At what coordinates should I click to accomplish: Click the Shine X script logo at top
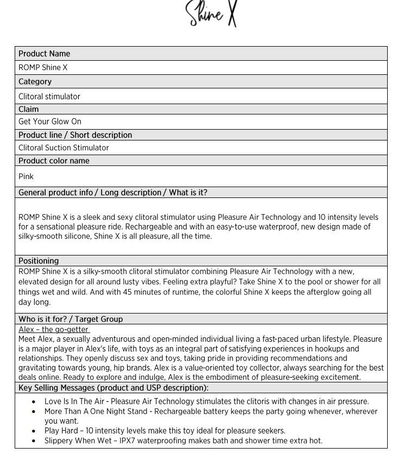tap(212, 14)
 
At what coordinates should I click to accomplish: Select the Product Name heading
tap(44, 54)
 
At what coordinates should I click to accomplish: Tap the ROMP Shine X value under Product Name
tap(43, 68)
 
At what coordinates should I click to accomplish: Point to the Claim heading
tap(29, 109)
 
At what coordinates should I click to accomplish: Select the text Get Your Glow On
tap(50, 122)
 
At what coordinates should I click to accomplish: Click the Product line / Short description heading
tap(75, 135)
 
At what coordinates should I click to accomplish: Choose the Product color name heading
tap(54, 161)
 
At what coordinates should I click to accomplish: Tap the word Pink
tap(26, 176)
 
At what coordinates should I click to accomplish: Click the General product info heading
tap(112, 193)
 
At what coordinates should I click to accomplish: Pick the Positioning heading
tap(39, 261)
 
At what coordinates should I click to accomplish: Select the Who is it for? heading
tap(71, 319)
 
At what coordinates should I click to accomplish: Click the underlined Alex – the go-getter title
tap(54, 329)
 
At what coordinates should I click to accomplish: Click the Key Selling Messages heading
tap(113, 388)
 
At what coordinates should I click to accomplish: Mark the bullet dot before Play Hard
tap(34, 431)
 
